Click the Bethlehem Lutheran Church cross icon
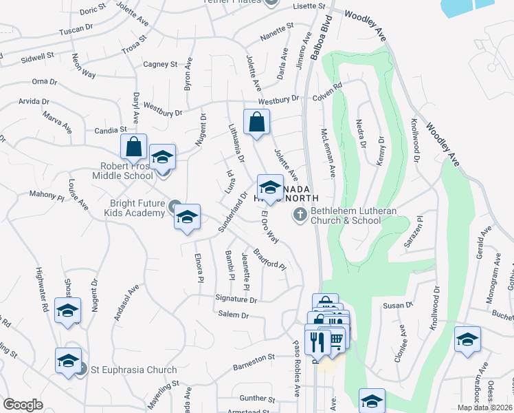300,215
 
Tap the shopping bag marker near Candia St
133,147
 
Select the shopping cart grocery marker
336,340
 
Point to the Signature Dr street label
236,300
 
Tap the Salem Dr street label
233,315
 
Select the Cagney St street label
159,64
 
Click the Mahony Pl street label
46,194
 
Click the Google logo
23,404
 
